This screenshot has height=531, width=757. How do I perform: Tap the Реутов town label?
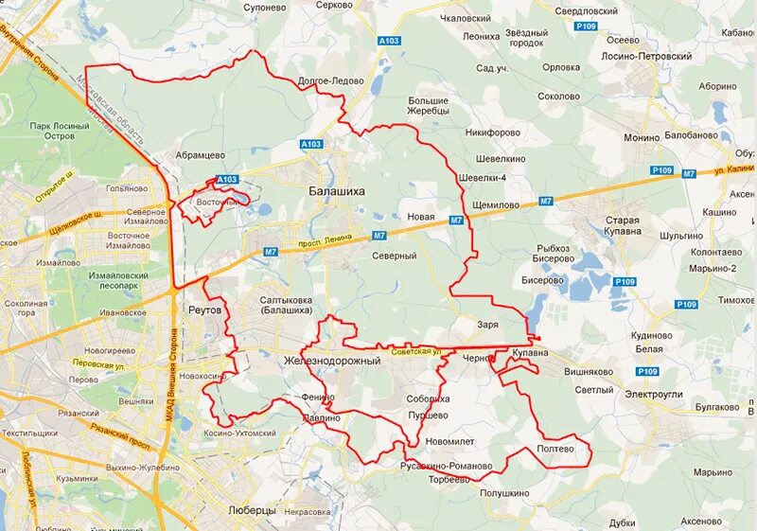point(205,310)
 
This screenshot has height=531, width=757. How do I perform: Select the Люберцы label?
point(252,510)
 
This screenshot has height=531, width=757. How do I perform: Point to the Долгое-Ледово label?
point(330,81)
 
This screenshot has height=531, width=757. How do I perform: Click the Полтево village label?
point(555,450)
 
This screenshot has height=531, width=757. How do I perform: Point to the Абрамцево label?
point(200,155)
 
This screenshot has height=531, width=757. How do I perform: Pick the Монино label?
point(642,138)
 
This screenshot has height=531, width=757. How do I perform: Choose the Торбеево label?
point(449,479)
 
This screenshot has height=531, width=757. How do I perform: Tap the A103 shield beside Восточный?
point(227,179)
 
